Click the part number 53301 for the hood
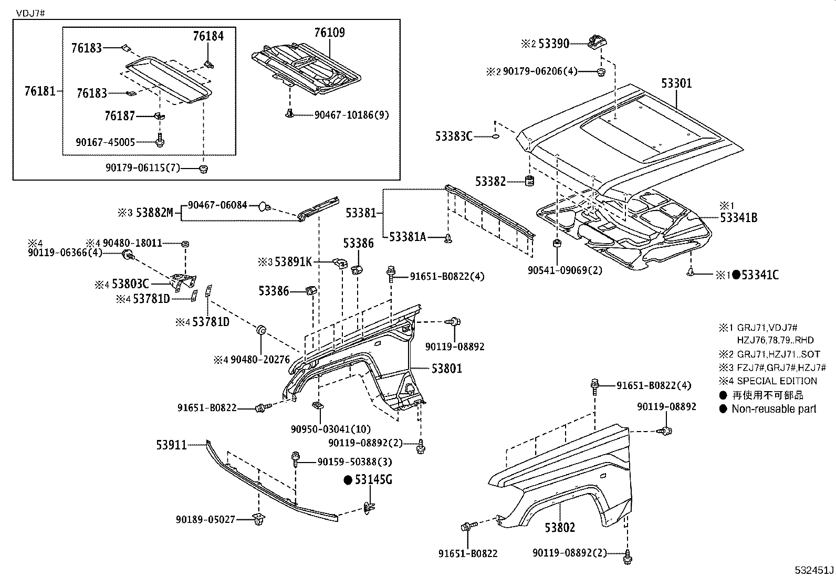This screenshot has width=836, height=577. tap(676, 83)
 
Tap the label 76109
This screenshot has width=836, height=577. tap(330, 33)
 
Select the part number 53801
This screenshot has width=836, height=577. tap(447, 369)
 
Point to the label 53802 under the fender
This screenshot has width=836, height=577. tap(560, 527)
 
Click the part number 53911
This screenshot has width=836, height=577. tap(171, 445)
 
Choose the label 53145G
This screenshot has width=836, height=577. tap(373, 479)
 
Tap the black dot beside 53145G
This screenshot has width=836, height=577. tap(348, 480)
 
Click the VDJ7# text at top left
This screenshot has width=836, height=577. tap(30, 14)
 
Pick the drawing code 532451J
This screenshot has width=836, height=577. tap(814, 570)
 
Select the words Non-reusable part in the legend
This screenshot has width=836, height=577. tap(774, 409)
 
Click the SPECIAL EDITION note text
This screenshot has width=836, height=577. tap(777, 381)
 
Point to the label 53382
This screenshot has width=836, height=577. tap(490, 181)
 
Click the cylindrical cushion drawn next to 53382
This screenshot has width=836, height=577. tap(530, 181)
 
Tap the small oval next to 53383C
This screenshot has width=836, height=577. tap(495, 137)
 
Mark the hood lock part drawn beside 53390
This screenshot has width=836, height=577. tap(598, 41)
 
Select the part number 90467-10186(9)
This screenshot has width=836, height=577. tap(351, 115)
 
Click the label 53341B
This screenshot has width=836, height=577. tap(739, 217)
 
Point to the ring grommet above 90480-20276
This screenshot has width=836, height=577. tap(261, 330)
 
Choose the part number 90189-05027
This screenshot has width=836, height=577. tap(205, 520)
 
